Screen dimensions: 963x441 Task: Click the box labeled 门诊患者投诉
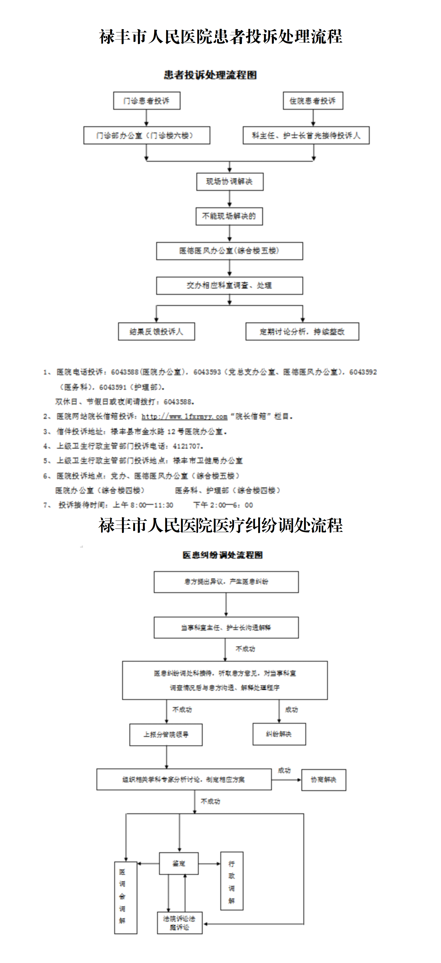[146, 101]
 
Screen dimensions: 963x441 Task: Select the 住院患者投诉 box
[313, 101]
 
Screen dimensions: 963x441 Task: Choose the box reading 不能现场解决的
[229, 216]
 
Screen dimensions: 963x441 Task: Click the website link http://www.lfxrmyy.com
[184, 416]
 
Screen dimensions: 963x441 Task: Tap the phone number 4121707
[188, 446]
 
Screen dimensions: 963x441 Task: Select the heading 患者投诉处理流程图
[210, 75]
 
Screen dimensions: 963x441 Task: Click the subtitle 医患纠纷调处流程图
[222, 555]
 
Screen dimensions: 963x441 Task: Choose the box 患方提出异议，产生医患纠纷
[226, 582]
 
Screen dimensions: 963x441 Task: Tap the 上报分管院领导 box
[166, 734]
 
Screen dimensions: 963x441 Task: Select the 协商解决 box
[324, 780]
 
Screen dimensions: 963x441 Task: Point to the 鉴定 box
[179, 863]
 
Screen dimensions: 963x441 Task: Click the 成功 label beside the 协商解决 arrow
[284, 770]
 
